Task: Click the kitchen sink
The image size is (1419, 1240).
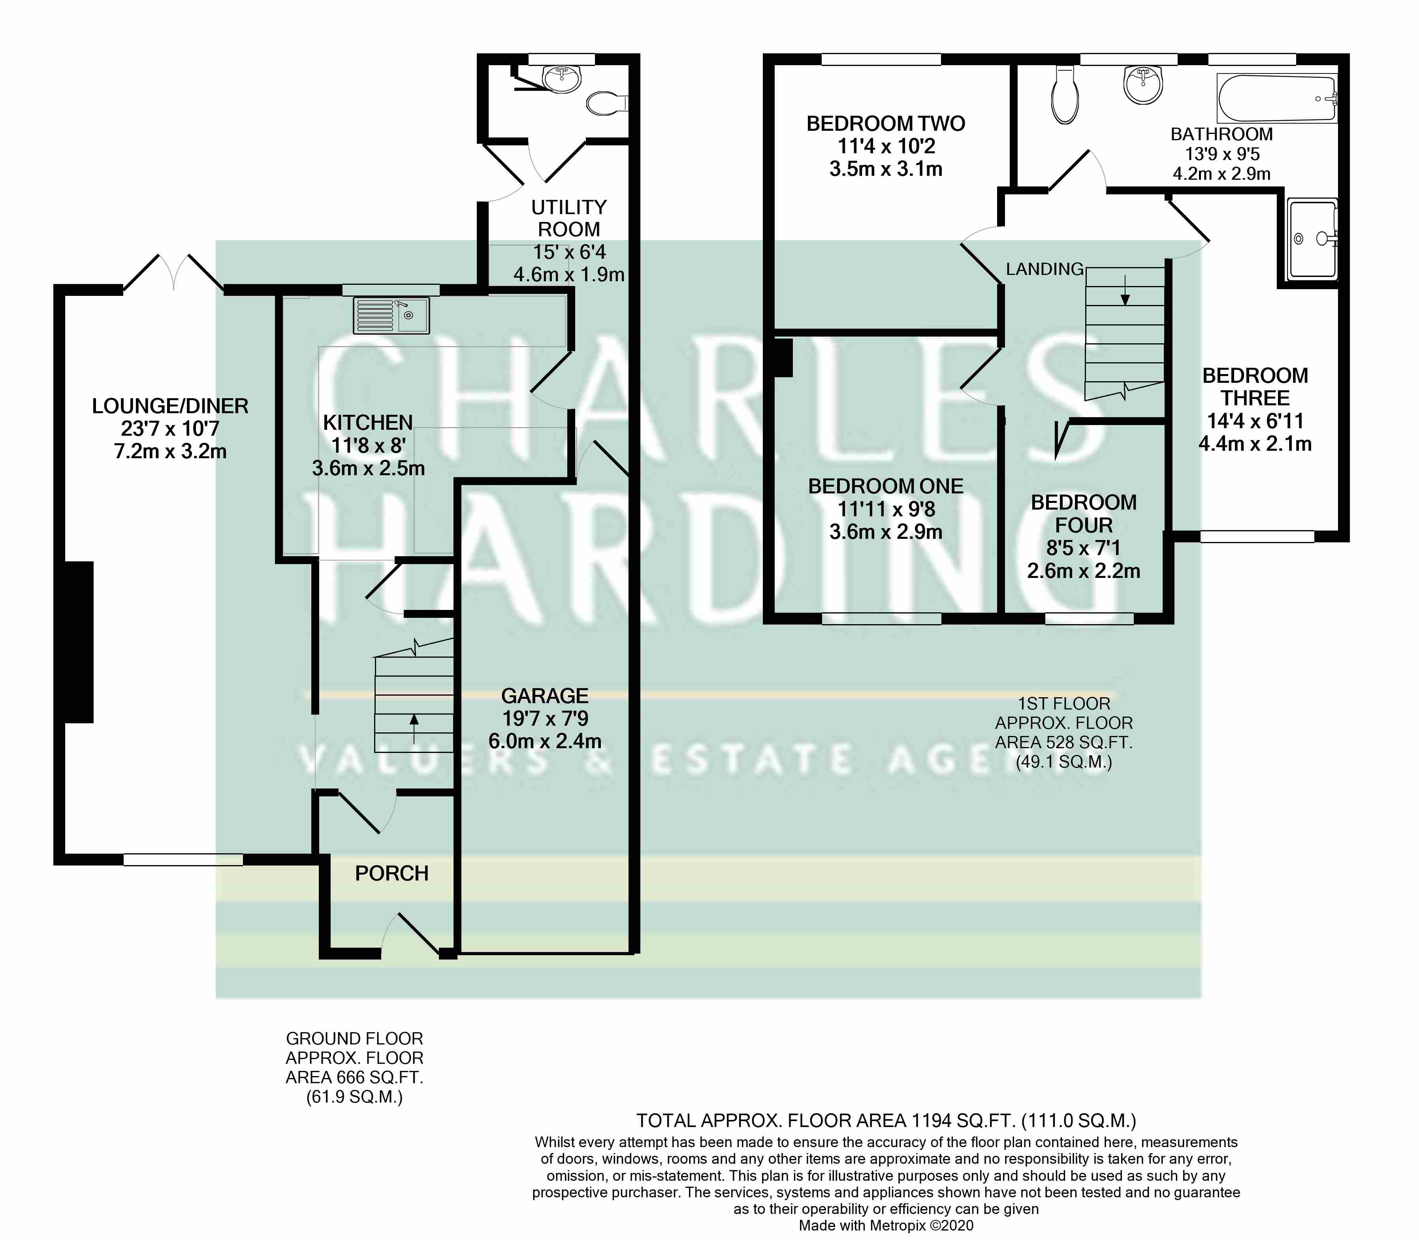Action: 391,316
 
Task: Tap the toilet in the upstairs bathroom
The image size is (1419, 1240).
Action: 1064,96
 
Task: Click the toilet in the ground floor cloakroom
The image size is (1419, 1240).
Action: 606,104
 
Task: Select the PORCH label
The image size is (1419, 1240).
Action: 391,873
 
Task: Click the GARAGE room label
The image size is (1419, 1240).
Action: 544,695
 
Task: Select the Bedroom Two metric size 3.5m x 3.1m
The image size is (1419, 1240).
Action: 886,169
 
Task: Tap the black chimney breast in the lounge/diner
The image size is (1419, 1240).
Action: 79,642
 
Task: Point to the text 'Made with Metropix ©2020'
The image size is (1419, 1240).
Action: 886,1225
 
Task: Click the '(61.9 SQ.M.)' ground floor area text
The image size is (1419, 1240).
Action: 354,1097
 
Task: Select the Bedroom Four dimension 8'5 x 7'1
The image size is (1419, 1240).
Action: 1084,548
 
